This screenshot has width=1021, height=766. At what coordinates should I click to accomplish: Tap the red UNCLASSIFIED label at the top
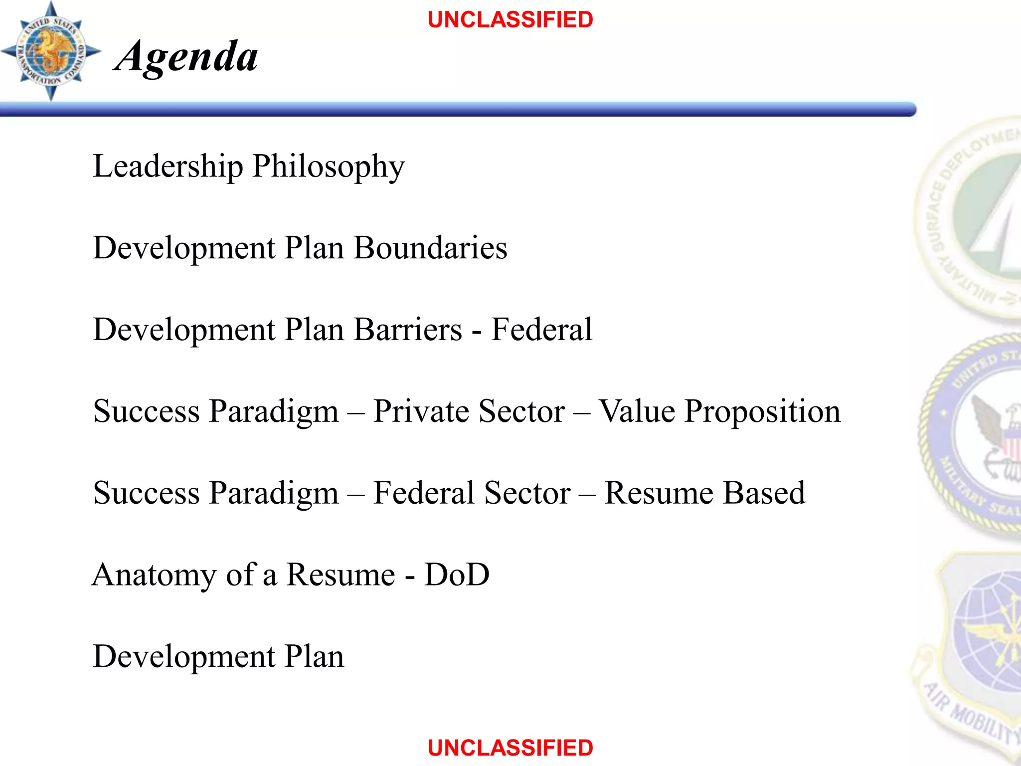[510, 20]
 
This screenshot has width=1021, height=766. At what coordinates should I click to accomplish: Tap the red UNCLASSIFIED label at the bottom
[510, 748]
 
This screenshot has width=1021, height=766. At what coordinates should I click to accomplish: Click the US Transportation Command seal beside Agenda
[50, 51]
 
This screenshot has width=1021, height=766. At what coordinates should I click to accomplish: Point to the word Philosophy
[329, 168]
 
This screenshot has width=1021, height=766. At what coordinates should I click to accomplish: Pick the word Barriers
[408, 330]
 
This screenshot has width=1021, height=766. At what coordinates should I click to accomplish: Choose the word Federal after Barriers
[542, 330]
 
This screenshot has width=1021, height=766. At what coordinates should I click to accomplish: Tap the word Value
[636, 411]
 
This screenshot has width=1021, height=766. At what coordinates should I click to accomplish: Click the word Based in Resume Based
[764, 493]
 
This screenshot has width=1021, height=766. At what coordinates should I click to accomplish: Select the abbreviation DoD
[457, 574]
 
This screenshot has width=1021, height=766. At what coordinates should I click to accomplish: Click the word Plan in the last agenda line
[314, 657]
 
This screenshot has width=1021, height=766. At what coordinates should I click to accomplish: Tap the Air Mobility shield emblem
[972, 648]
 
